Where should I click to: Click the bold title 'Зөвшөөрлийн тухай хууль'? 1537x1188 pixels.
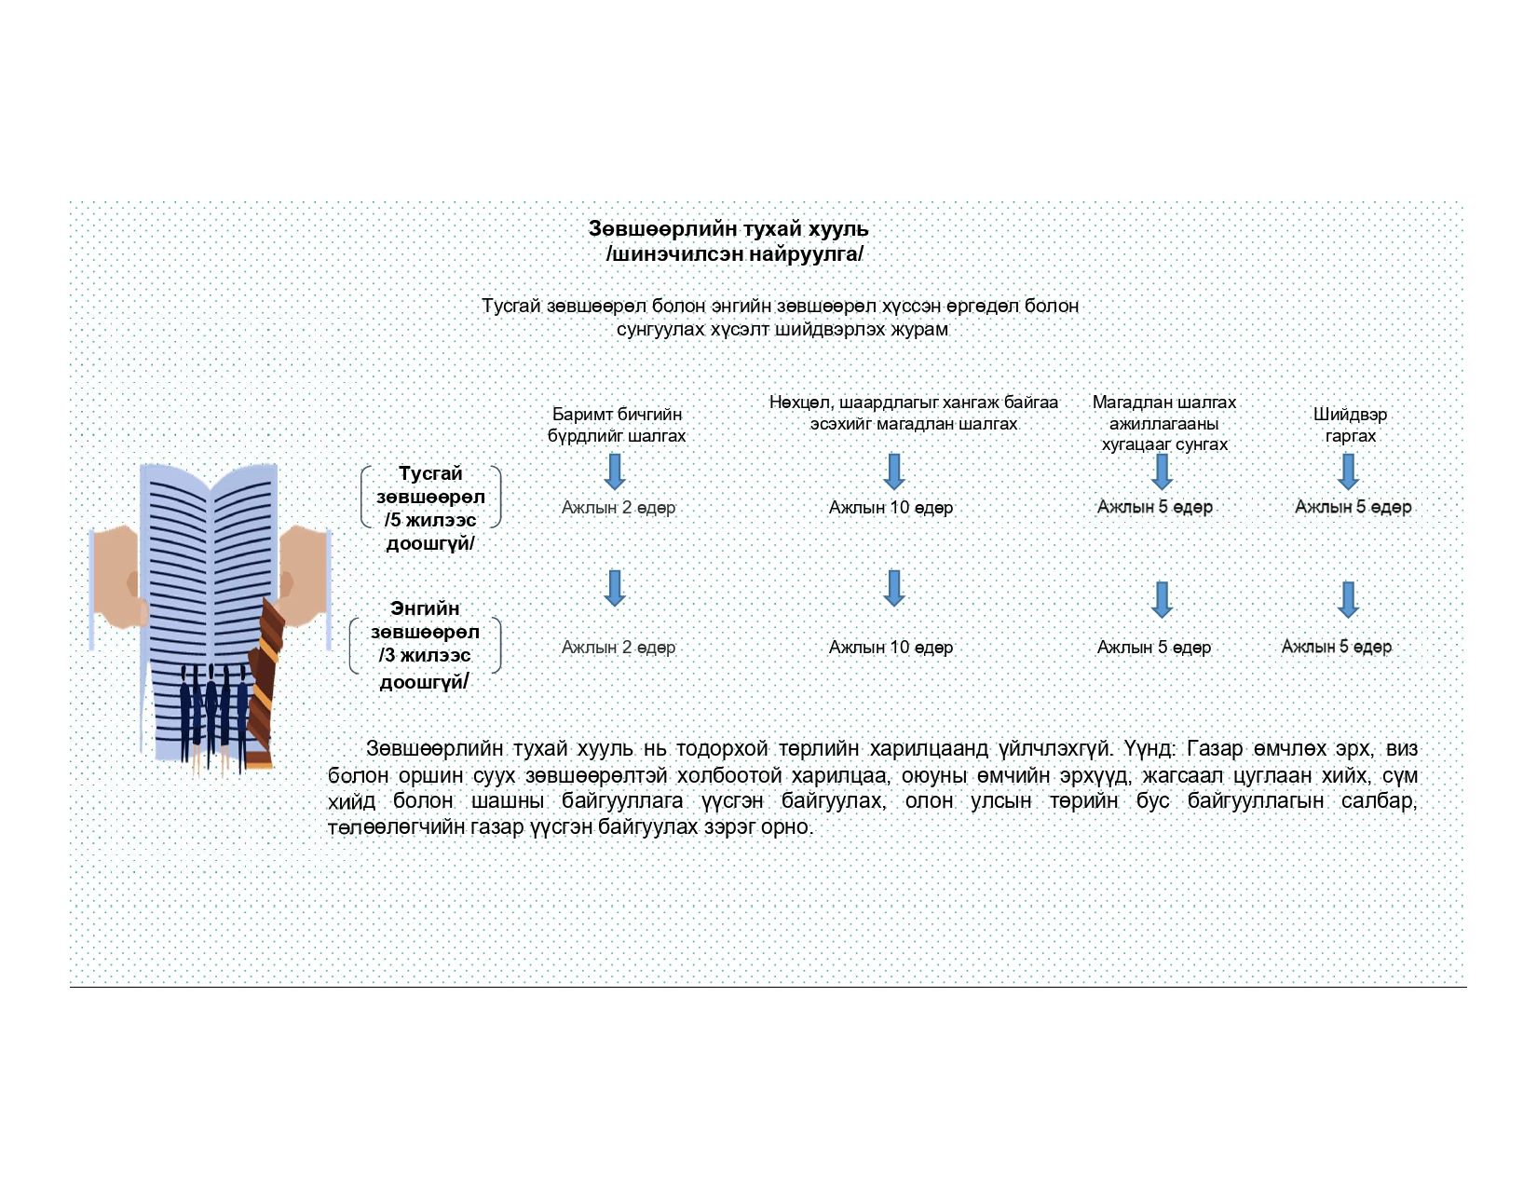728,229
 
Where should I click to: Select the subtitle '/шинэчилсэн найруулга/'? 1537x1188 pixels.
734,253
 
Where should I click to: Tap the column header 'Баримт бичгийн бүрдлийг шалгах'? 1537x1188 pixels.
617,425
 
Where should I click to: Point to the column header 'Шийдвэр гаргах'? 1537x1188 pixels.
1350,425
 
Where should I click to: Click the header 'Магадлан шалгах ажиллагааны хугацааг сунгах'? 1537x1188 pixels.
1164,423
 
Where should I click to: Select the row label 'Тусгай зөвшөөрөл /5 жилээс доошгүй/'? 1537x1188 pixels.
430,509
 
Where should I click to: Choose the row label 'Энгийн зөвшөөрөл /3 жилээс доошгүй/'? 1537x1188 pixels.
425,645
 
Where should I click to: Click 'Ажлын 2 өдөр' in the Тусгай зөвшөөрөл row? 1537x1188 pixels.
619,508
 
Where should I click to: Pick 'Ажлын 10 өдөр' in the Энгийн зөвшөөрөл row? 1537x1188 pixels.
891,648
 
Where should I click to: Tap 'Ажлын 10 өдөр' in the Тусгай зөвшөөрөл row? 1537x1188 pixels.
891,508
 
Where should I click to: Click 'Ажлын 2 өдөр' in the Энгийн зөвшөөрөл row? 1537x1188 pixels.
619,648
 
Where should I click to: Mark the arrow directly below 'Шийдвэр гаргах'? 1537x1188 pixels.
1348,471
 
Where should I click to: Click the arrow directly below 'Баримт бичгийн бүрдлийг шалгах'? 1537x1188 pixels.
615,471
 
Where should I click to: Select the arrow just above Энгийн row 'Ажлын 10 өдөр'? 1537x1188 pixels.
894,588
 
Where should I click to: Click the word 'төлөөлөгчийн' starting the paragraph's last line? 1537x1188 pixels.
388,827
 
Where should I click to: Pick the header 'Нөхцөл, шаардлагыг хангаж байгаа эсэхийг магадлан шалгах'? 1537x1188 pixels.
913,413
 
